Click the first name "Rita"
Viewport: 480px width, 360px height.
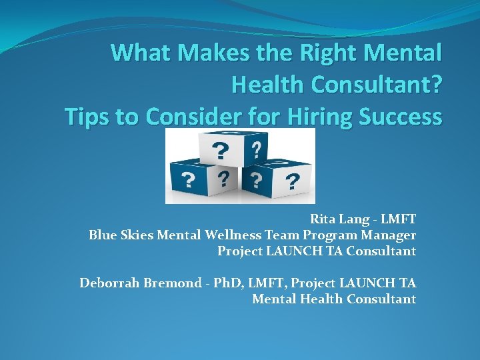[x=323, y=219]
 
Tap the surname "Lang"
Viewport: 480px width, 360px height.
[x=353, y=219]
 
